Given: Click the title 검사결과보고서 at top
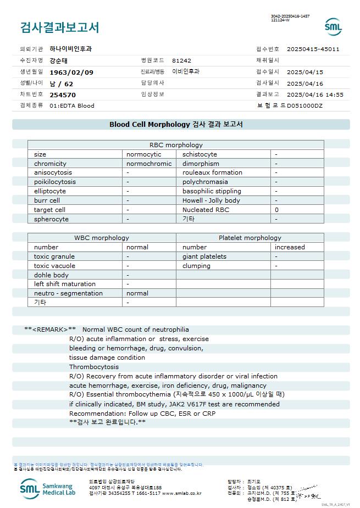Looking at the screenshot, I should (59, 27).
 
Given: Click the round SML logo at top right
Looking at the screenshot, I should (333, 27).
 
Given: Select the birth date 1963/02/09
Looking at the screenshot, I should (71, 72).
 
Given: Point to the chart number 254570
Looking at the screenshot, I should (63, 94).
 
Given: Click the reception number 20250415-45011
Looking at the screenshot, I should (313, 49).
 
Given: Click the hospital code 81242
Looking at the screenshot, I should (181, 60).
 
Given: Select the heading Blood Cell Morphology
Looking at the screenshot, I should (149, 125).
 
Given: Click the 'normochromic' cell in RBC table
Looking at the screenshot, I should (149, 164).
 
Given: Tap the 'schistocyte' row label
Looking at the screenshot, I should (200, 154).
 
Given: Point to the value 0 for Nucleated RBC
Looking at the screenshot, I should (277, 210).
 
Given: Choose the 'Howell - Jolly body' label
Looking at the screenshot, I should (211, 200).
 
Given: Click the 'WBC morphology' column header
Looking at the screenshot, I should (102, 238).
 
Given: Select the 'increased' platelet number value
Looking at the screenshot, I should (290, 247).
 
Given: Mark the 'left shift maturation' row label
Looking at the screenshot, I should (65, 284).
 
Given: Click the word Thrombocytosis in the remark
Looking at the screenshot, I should (94, 367).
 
